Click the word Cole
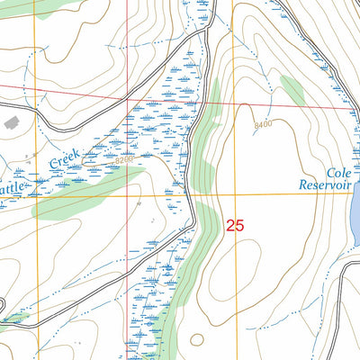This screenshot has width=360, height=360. [337, 171]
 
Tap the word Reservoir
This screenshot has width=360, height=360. [327, 185]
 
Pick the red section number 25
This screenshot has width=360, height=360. [235, 226]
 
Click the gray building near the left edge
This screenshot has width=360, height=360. [11, 121]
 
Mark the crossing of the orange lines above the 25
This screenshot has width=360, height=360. [235, 193]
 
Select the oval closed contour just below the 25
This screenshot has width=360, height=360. [236, 270]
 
